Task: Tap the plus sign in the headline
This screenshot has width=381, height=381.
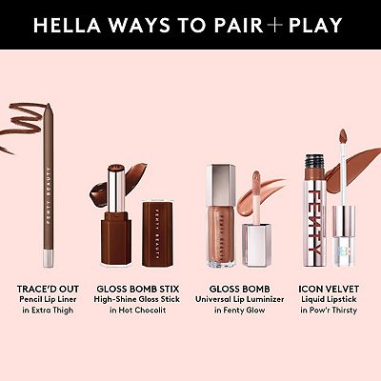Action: (x=278, y=24)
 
